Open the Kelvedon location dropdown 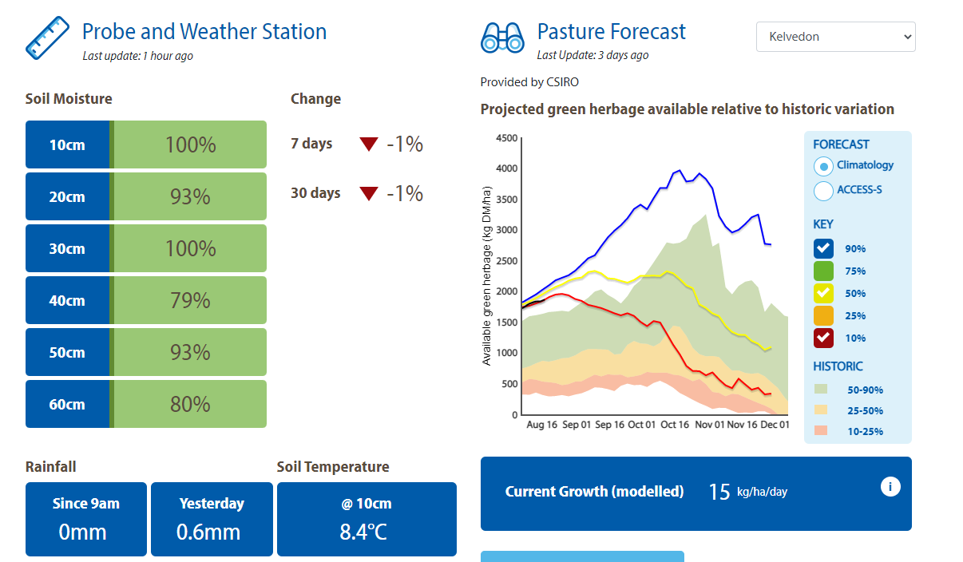coord(835,37)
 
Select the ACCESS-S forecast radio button coord(823,191)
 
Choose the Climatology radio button coord(823,166)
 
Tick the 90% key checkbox coord(823,248)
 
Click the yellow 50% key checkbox coord(823,293)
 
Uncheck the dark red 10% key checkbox coord(823,338)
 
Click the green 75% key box coord(823,271)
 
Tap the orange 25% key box coord(823,315)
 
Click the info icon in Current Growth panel coord(890,486)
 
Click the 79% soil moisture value coord(190,300)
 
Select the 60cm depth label coord(67,404)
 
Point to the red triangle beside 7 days coord(368,144)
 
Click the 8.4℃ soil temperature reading coord(363,532)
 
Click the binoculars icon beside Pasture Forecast coord(501,38)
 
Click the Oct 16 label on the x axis coord(675,425)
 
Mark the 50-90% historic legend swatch coord(821,390)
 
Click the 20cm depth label coord(67,196)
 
